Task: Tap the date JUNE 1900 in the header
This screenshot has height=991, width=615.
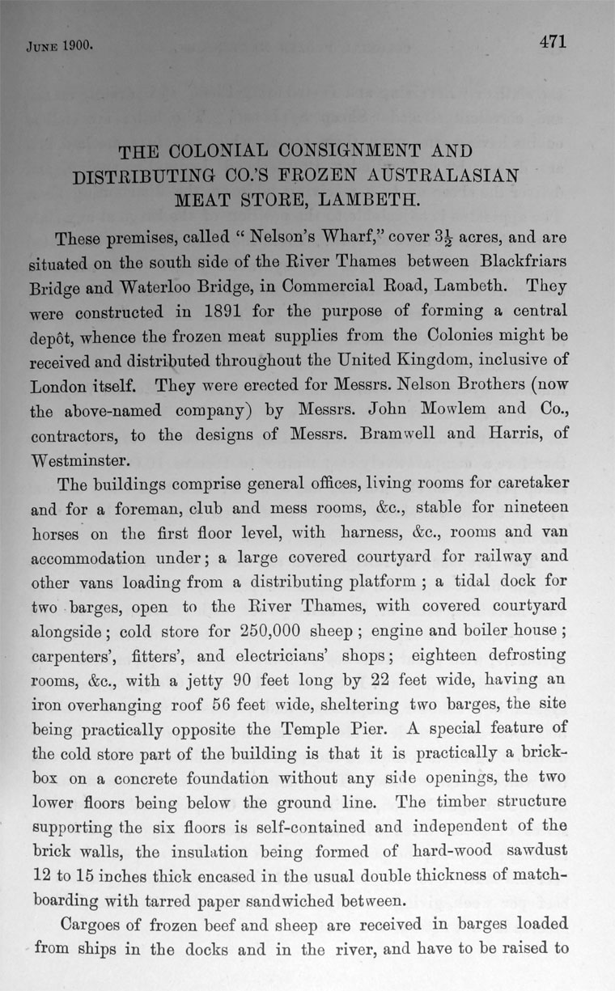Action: [x=53, y=46]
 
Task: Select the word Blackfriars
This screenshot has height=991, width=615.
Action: [x=516, y=262]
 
